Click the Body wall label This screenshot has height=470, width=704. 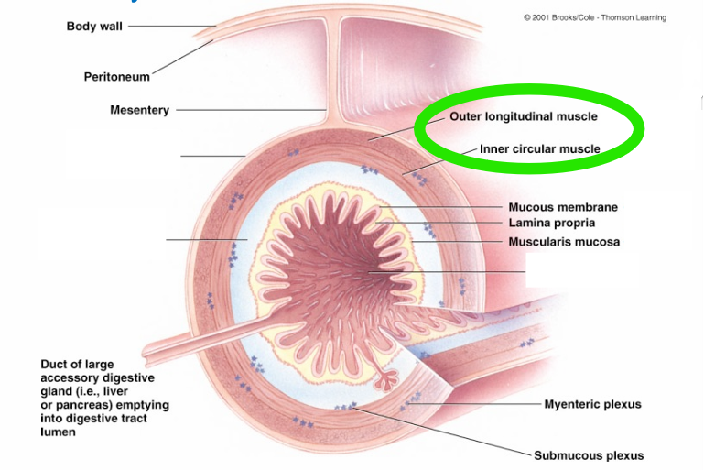click(94, 27)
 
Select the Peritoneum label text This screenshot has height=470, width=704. click(117, 77)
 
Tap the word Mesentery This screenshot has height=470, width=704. click(140, 110)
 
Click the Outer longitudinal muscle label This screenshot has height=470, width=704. click(524, 117)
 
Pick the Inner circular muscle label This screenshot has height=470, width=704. click(540, 148)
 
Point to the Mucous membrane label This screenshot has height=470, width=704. click(563, 207)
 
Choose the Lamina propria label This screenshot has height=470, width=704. click(552, 223)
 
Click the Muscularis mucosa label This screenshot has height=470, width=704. click(564, 242)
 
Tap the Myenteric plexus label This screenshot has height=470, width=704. click(592, 404)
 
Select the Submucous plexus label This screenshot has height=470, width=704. click(589, 455)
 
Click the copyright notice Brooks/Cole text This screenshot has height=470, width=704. click(595, 17)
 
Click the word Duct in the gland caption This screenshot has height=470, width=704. click(52, 364)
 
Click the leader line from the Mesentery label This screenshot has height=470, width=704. click(251, 110)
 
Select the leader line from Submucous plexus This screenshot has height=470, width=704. click(443, 432)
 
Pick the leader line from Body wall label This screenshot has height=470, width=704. click(172, 26)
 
